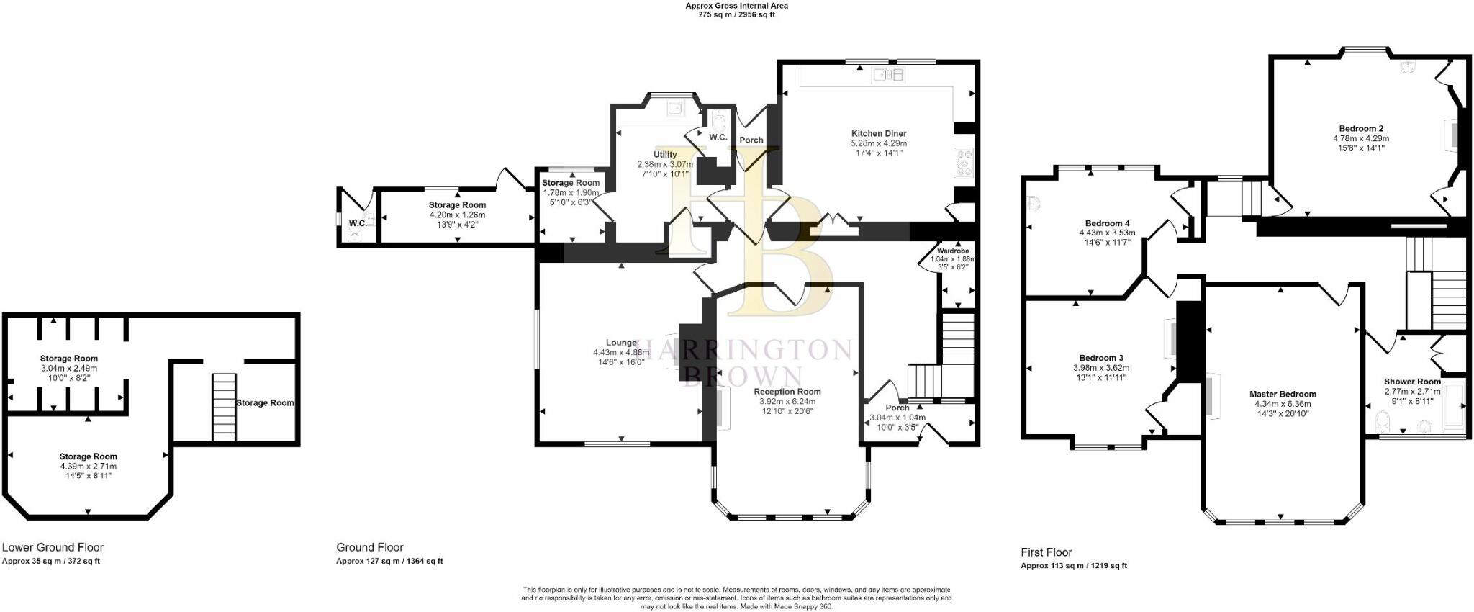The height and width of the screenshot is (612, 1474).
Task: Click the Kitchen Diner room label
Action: tap(878, 133)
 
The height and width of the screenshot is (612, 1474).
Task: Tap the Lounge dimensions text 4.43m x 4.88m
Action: tap(620, 353)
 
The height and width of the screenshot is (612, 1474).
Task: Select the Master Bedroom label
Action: tap(1283, 394)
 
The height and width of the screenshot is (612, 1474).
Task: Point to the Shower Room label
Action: tap(1412, 382)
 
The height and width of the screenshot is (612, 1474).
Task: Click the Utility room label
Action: tap(664, 154)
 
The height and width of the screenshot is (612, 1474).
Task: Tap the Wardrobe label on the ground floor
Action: tap(953, 251)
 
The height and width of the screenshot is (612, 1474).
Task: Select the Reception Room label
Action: tap(787, 392)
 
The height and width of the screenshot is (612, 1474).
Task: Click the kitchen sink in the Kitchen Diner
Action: tap(888, 74)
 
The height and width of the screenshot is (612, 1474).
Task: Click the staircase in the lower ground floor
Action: tap(224, 407)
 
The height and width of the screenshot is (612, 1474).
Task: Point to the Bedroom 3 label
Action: tap(1100, 358)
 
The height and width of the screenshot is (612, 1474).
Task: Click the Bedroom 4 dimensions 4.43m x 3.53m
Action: tap(1107, 233)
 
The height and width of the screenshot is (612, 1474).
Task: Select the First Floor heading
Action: tap(1046, 552)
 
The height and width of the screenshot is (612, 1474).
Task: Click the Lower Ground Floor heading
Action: tap(53, 547)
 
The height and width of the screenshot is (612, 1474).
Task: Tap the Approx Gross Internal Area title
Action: tap(736, 6)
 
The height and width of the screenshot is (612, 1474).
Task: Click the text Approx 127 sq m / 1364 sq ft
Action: tap(389, 561)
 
